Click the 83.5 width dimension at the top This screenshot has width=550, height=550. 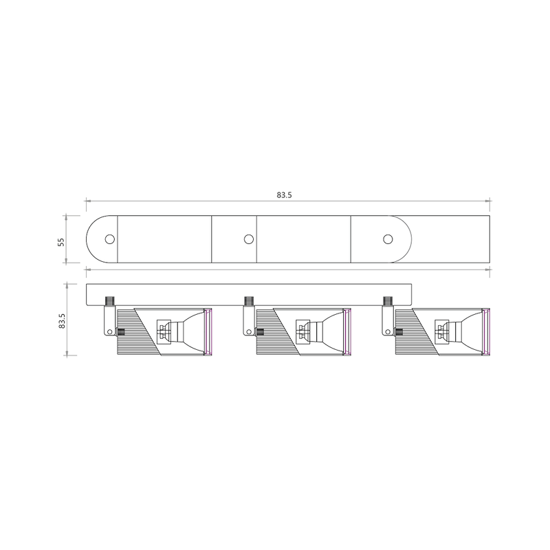285,195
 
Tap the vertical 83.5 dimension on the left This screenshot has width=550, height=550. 60,321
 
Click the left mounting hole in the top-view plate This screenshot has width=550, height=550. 109,239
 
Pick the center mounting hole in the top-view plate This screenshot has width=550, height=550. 249,239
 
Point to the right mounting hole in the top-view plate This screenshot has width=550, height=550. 388,239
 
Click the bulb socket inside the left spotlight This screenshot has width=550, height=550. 164,331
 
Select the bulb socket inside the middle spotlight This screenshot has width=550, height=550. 302,331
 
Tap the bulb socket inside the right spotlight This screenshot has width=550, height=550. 441,331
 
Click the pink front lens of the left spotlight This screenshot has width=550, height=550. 210,333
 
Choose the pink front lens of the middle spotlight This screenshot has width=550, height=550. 348,333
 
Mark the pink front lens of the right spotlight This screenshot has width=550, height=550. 486,333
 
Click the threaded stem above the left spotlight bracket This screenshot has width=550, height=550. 110,300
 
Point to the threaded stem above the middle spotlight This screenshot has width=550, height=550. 249,300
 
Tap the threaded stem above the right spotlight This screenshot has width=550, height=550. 388,300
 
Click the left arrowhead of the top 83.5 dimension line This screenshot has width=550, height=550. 87,201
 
